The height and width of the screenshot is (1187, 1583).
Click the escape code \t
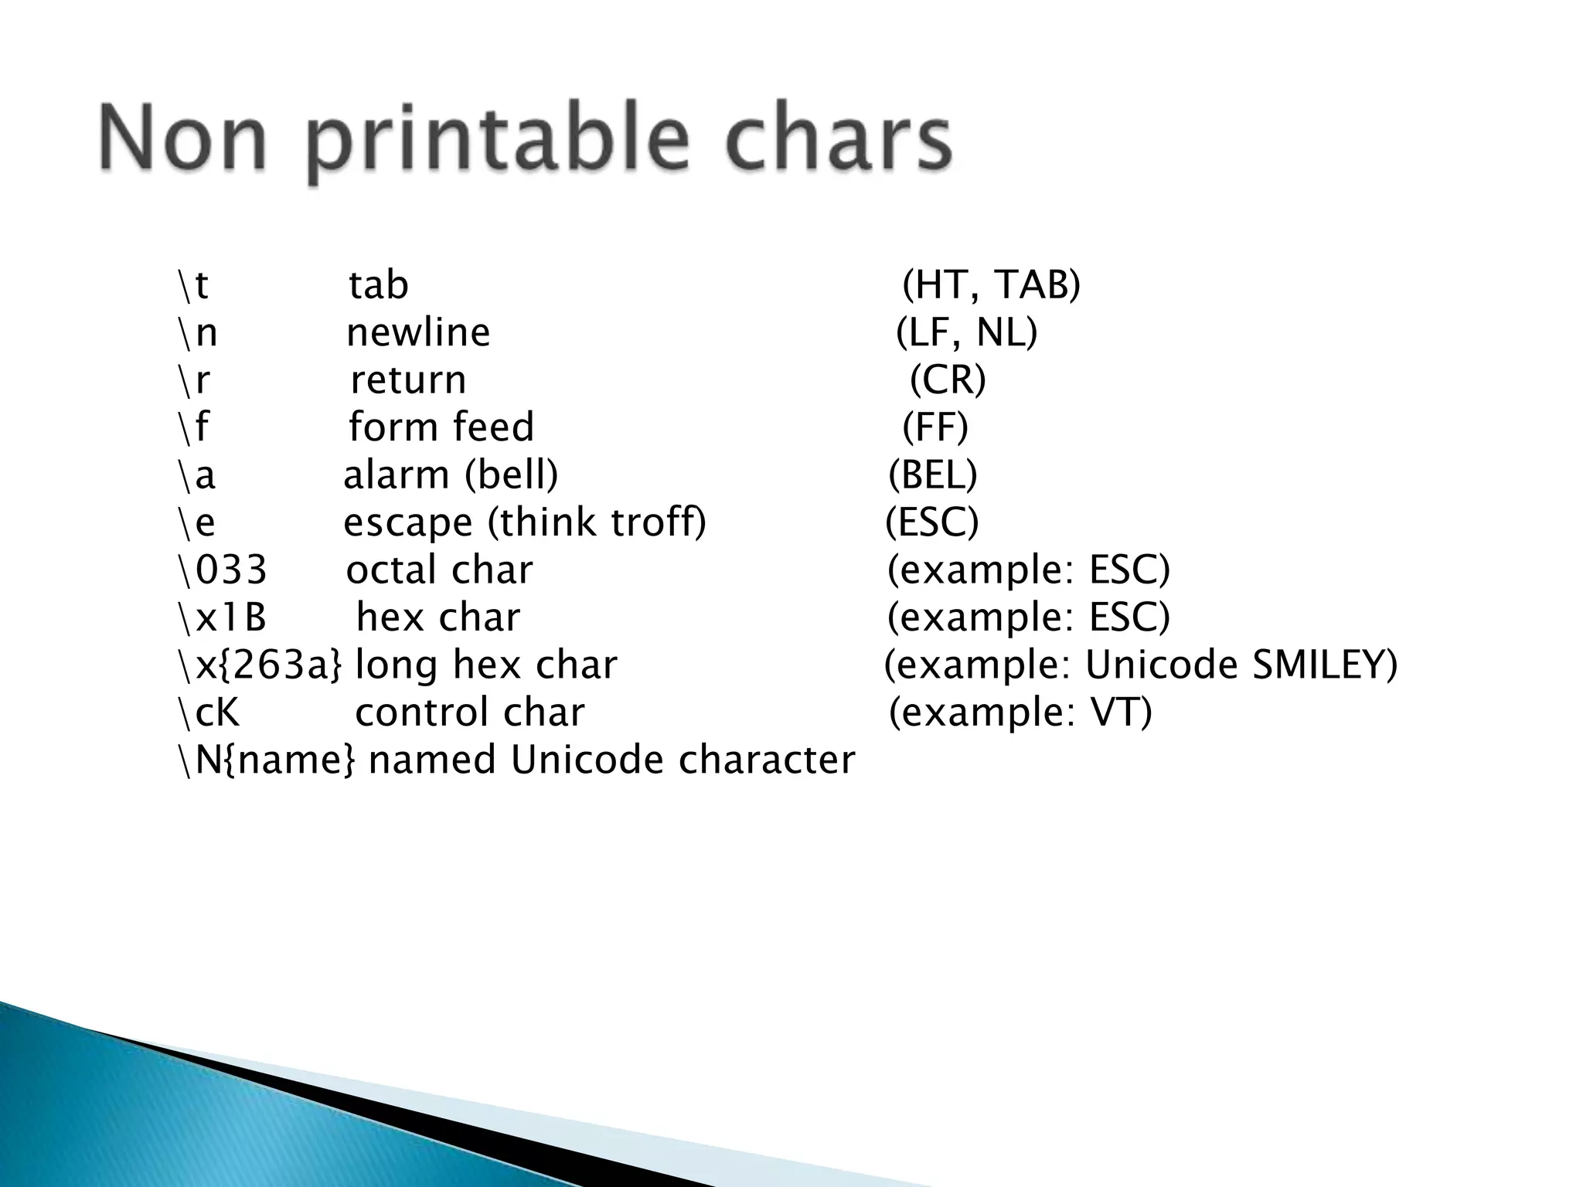click(x=193, y=285)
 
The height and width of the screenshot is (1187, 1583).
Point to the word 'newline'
click(x=418, y=333)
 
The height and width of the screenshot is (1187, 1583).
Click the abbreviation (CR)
click(x=948, y=380)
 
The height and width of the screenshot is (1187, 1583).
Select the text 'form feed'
click(x=441, y=427)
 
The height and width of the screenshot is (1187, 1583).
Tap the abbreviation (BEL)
click(x=933, y=475)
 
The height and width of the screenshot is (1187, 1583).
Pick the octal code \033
click(x=223, y=570)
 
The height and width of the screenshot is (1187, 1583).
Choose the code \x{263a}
click(x=260, y=665)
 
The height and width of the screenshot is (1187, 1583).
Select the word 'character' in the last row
click(x=767, y=760)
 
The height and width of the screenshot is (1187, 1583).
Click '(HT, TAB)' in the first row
click(x=992, y=285)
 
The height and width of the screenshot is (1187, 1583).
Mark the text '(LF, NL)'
click(x=967, y=333)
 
